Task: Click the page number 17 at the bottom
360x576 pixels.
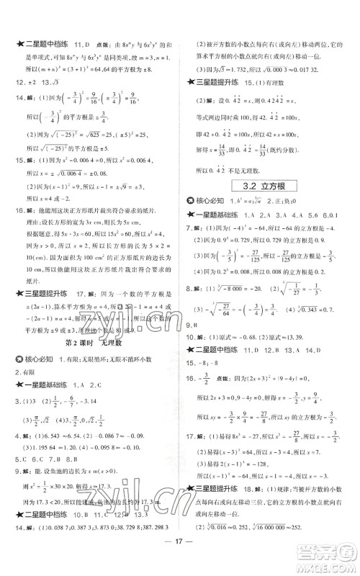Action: (x=180, y=553)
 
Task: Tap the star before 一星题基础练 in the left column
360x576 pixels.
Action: (x=12, y=369)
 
